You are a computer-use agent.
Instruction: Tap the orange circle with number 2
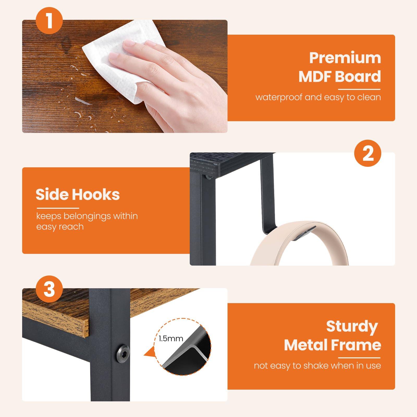[x=368, y=154]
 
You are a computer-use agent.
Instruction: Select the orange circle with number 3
[x=50, y=289]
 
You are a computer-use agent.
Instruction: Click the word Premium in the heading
[x=345, y=58]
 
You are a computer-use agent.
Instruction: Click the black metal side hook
[x=266, y=193]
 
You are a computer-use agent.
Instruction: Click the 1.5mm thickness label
[x=171, y=339]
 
